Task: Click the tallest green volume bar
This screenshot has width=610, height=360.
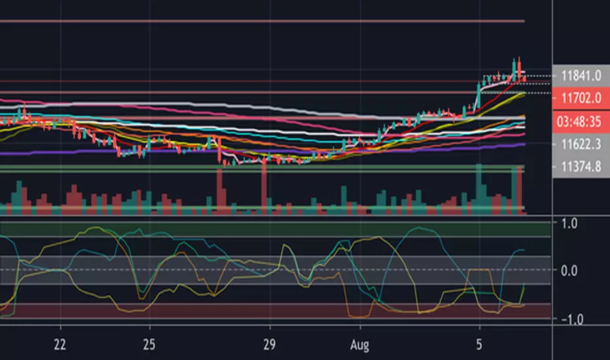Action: point(478,189)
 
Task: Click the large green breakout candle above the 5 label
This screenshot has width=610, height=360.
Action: point(477,98)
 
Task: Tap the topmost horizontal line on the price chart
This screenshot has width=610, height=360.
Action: point(262,22)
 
